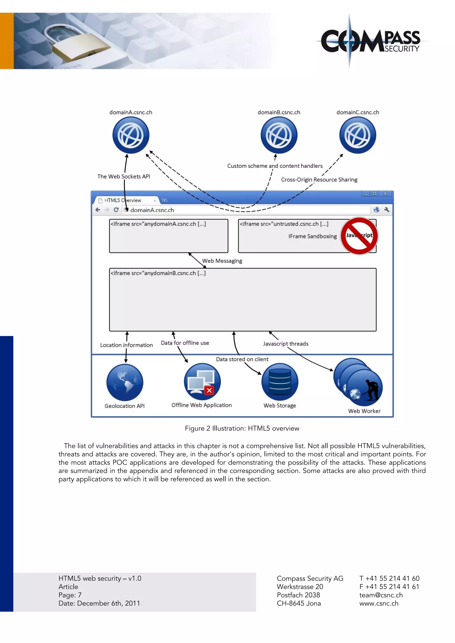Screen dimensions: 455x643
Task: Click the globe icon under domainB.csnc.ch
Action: (x=279, y=135)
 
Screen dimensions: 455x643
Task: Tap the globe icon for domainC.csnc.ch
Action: (x=357, y=135)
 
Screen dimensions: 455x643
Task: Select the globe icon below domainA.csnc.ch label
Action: (x=131, y=135)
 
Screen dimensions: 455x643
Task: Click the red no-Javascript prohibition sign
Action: (x=359, y=236)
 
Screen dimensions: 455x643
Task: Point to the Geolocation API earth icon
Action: (x=125, y=382)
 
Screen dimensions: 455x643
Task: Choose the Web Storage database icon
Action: (x=280, y=382)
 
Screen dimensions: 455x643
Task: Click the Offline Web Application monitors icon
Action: (x=202, y=381)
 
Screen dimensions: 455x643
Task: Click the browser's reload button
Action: (x=116, y=210)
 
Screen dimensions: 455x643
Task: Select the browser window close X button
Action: (x=385, y=194)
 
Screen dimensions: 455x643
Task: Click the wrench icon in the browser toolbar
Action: (x=387, y=210)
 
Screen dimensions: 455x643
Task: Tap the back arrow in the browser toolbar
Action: (x=98, y=210)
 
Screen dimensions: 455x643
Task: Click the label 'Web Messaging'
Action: (x=222, y=261)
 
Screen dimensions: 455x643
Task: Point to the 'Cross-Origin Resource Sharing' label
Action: (x=319, y=180)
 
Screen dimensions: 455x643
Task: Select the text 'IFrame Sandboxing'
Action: (x=312, y=236)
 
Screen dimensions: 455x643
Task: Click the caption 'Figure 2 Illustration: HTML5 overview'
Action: (x=242, y=428)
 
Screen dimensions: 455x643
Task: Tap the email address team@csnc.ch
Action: (x=381, y=595)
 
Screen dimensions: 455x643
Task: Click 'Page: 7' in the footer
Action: (x=70, y=595)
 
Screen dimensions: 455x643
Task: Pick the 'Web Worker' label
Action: (x=364, y=411)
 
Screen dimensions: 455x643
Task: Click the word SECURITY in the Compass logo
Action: (x=402, y=49)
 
